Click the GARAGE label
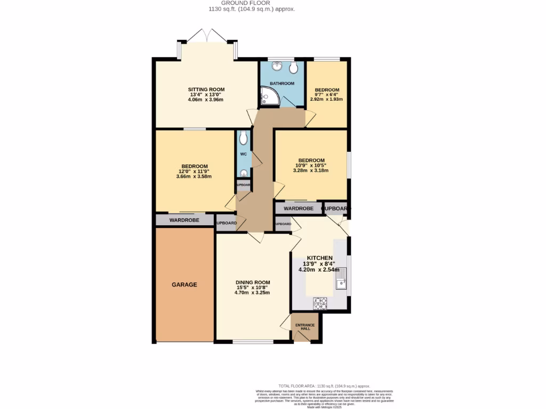[x=184, y=284]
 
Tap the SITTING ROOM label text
[x=206, y=89]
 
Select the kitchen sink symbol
[x=341, y=284]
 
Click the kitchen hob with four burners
[x=320, y=303]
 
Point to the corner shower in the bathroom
[x=269, y=97]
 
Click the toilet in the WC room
[x=244, y=138]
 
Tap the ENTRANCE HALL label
[x=306, y=326]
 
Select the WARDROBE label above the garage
[x=184, y=220]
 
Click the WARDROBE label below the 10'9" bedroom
[x=299, y=208]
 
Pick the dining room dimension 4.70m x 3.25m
[x=253, y=292]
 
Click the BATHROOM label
[x=282, y=84]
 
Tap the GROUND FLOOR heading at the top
[x=251, y=3]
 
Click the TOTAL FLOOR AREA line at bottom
[x=324, y=386]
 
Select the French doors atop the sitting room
[x=208, y=36]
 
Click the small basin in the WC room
[x=244, y=173]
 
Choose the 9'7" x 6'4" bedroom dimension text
[x=326, y=94]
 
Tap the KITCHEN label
[x=319, y=258]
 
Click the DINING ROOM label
[x=253, y=282]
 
